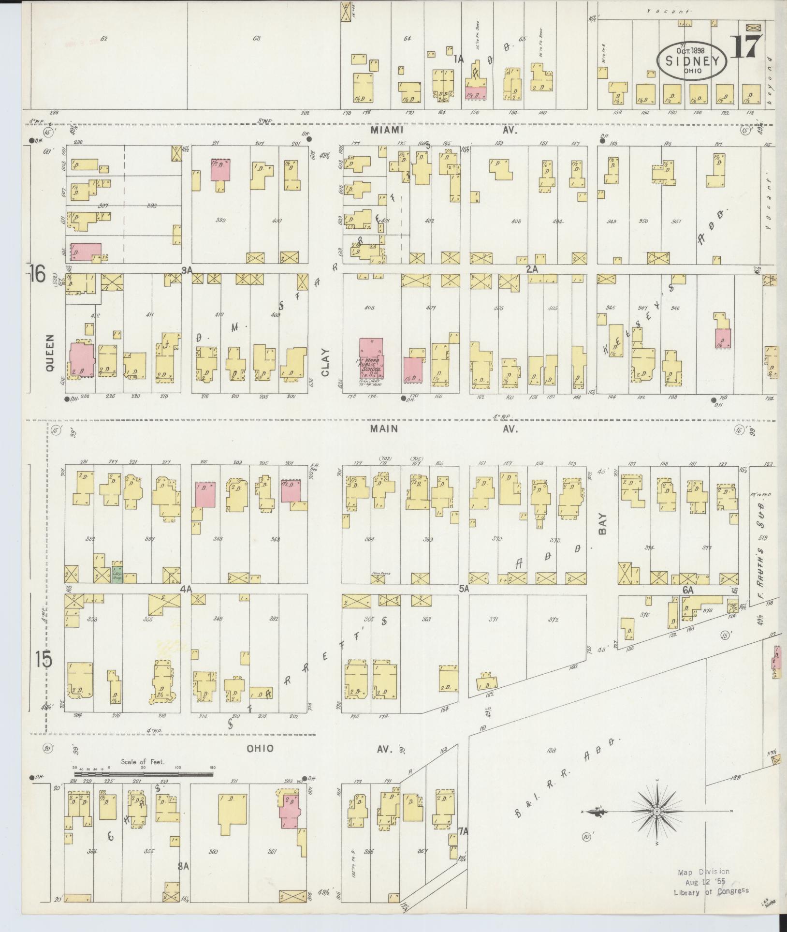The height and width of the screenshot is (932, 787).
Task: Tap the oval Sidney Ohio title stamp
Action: (x=692, y=60)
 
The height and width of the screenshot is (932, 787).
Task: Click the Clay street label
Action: (x=324, y=363)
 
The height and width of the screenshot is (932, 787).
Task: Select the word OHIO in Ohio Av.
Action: (x=260, y=749)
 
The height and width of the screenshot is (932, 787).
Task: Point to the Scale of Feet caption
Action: (x=143, y=761)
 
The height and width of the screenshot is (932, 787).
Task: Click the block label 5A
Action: (x=465, y=589)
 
